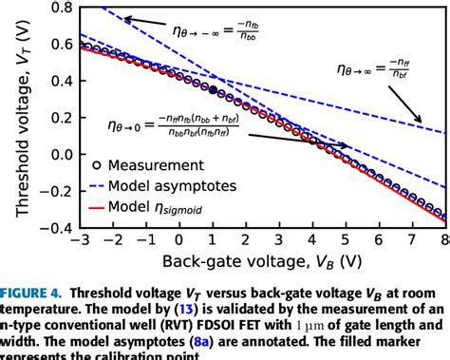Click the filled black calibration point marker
click(x=213, y=89)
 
